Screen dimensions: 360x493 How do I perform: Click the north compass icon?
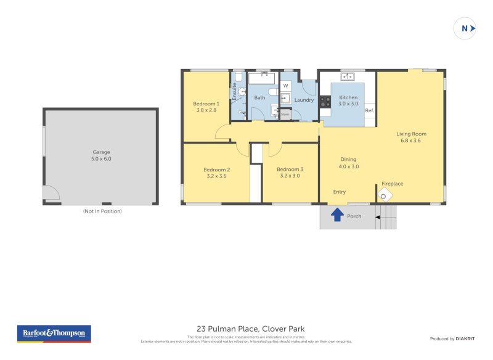pyautogui.click(x=465, y=28)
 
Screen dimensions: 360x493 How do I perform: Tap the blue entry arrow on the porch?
pyautogui.click(x=337, y=215)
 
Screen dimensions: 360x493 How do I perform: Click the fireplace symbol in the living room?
pyautogui.click(x=385, y=195)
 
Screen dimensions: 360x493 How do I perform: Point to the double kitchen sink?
pyautogui.click(x=347, y=76)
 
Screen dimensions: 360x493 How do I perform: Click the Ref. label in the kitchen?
pyautogui.click(x=369, y=110)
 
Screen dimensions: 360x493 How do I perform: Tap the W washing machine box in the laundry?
pyautogui.click(x=285, y=85)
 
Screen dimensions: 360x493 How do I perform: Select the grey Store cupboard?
pyautogui.click(x=285, y=114)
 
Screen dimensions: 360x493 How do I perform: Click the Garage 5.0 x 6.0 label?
pyautogui.click(x=102, y=155)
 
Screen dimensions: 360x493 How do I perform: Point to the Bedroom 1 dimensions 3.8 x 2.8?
pyautogui.click(x=206, y=110)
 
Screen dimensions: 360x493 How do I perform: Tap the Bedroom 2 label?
pyautogui.click(x=216, y=170)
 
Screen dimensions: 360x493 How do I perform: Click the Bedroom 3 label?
pyautogui.click(x=290, y=170)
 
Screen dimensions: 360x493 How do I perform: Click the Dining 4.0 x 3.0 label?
pyautogui.click(x=348, y=163)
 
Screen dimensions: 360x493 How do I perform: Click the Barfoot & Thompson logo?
pyautogui.click(x=54, y=333)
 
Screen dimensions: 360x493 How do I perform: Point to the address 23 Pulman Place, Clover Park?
pyautogui.click(x=250, y=329)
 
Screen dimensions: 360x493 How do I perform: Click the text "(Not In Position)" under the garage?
pyautogui.click(x=102, y=211)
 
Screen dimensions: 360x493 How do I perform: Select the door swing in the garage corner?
pyautogui.click(x=51, y=194)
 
